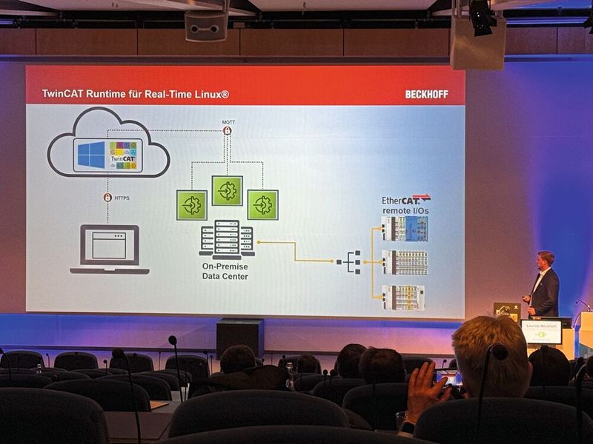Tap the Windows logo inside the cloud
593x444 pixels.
pos(91,155)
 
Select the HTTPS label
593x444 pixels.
pos(123,198)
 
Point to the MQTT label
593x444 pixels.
pos(228,121)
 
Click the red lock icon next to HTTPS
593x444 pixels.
pos(107,198)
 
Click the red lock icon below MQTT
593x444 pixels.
pos(228,131)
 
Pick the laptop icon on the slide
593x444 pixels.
pos(109,249)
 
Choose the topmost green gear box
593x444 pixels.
pos(227,190)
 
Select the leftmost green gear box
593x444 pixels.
pos(192,205)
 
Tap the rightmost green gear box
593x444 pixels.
pos(262,204)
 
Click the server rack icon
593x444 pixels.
pos(227,238)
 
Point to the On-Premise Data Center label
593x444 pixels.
pos(225,271)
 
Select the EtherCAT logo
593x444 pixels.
pos(405,200)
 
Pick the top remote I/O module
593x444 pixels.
pos(405,229)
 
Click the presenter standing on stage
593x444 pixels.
pos(544,285)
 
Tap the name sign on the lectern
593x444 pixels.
pos(541,332)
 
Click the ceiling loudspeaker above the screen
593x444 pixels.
pos(206,27)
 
